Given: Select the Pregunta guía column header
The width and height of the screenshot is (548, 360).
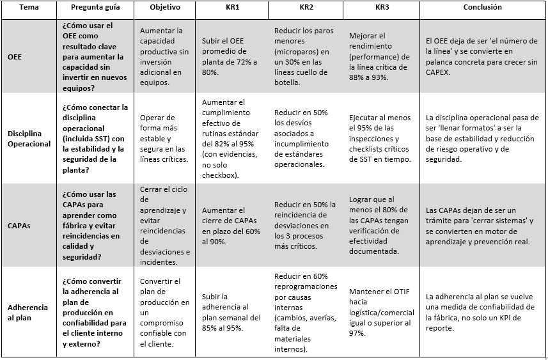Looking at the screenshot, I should pos(94,8).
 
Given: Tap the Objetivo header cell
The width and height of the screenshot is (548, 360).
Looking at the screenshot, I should pos(164,8).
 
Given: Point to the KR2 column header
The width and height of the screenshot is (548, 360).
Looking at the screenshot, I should pos(306,8).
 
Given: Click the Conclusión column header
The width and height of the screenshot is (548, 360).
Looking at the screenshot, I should pos(482,8).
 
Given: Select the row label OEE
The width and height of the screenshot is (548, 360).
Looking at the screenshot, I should pos(15,56).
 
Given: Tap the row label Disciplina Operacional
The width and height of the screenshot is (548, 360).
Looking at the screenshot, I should pos(29,139).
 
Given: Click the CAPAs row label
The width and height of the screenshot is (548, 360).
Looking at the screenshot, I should pos(19,225).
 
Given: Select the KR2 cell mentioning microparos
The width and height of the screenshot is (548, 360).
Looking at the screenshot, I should pos(304,56).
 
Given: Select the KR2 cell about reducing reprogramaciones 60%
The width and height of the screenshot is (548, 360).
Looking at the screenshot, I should pos(304,312).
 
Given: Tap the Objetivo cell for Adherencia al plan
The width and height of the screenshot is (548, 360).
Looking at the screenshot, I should pos(164,312).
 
